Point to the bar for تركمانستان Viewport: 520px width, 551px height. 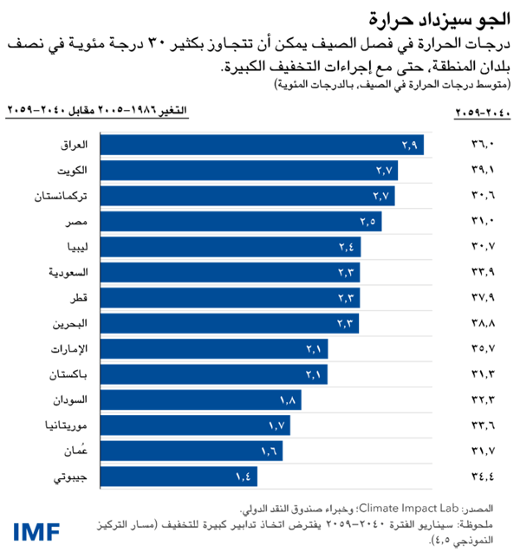coord(248,196)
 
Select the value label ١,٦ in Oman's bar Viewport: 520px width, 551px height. coord(271,451)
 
